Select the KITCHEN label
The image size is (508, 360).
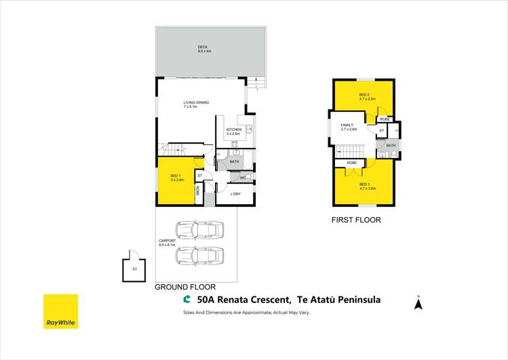[234, 131]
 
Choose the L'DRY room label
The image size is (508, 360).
[235, 195]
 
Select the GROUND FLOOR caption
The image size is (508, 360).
[179, 287]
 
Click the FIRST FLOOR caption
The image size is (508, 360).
[355, 220]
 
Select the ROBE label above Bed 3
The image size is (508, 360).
[352, 163]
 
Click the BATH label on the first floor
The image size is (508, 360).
[391, 145]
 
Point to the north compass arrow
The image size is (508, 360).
[418, 304]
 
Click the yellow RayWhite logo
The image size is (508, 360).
[60, 311]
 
